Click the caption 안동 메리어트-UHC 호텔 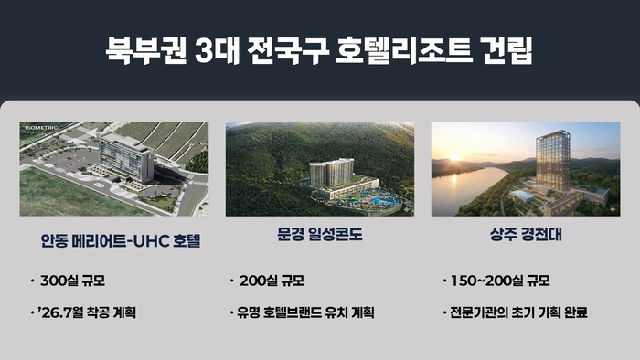pyautogui.click(x=114, y=241)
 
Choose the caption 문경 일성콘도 pyautogui.click(x=319, y=236)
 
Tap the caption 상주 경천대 pyautogui.click(x=525, y=236)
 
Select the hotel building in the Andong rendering pyautogui.click(x=126, y=158)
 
